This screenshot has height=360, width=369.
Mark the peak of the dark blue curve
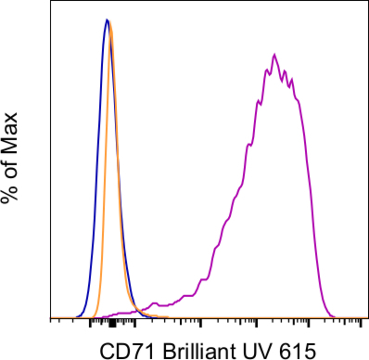tap(107, 19)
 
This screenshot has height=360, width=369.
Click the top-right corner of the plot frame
tap(366, 3)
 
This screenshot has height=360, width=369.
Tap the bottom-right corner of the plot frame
tap(366, 317)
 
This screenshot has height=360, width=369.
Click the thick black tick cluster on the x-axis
tap(111, 322)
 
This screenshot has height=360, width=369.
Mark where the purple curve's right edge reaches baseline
tap(334, 315)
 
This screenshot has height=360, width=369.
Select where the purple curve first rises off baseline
tap(102, 315)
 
